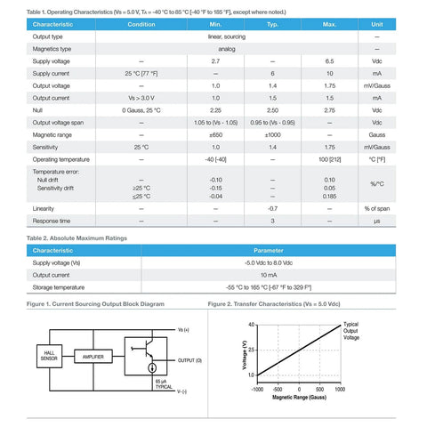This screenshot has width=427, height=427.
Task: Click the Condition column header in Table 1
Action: pos(141,24)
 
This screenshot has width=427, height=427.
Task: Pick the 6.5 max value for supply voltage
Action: pos(329,61)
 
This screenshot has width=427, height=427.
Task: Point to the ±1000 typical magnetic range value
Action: pos(272,133)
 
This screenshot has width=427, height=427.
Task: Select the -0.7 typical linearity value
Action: pos(272,207)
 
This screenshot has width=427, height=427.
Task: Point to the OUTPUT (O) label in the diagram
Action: pos(190,359)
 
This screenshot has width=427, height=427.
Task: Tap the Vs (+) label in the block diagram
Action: pos(184,329)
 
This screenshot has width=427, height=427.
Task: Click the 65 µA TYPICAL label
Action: pos(164,383)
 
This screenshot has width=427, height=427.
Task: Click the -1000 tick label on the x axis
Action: pos(257,389)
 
